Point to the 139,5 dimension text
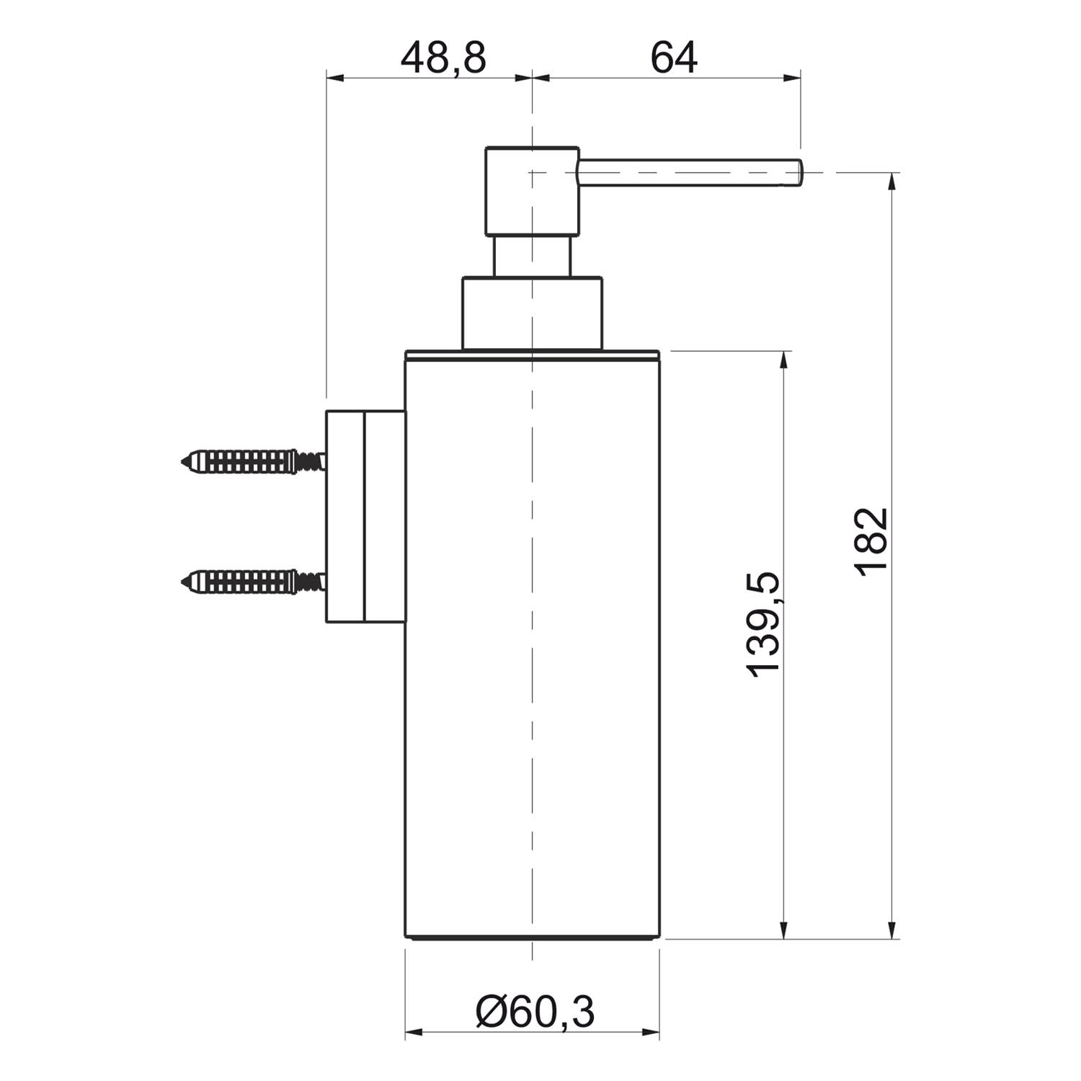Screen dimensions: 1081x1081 (763, 624)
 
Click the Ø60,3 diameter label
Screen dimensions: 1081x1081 (535, 1012)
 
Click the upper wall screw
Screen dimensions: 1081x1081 (253, 461)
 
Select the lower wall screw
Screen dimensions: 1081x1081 (253, 581)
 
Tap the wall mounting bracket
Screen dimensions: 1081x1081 (365, 517)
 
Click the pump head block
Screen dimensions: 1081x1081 (532, 191)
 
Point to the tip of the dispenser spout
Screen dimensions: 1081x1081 (801, 173)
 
